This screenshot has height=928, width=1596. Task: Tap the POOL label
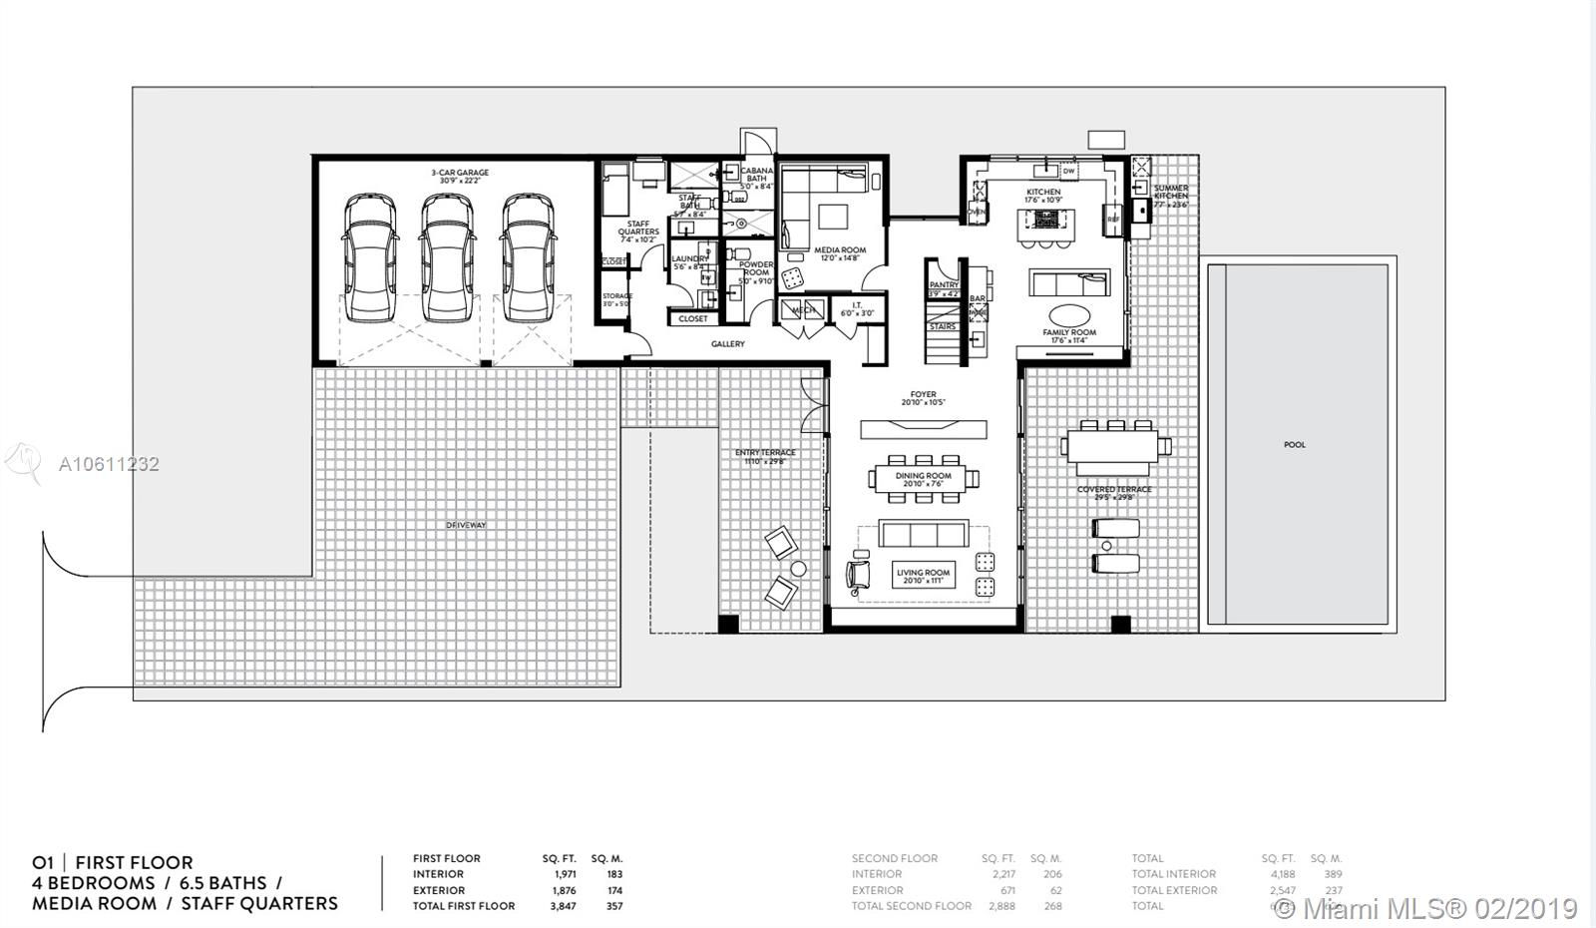click(1294, 445)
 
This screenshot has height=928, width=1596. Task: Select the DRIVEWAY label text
click(466, 525)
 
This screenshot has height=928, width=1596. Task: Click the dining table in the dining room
click(923, 477)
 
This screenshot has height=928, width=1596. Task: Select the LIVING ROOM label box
click(923, 576)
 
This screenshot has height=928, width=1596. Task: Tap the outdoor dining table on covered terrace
click(1114, 446)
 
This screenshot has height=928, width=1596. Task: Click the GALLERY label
click(727, 344)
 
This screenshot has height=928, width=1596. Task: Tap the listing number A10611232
click(109, 464)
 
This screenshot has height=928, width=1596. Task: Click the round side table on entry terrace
click(798, 569)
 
